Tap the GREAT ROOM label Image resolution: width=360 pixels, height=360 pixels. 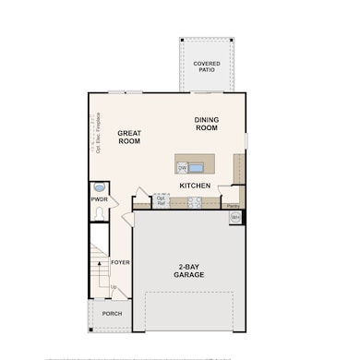(x=129, y=138)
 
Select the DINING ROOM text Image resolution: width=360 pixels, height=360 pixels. (x=207, y=123)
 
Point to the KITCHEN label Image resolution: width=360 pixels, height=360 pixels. (x=195, y=186)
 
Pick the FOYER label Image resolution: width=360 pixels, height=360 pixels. (x=120, y=262)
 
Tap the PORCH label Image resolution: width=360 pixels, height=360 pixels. (x=112, y=314)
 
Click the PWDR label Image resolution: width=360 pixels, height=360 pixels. (x=100, y=199)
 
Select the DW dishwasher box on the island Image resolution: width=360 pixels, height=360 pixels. (x=183, y=167)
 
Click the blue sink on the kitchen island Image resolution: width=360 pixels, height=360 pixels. (x=197, y=167)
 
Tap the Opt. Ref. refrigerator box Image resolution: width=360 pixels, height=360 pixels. (x=161, y=199)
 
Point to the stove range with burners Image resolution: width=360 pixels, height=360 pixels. (x=194, y=203)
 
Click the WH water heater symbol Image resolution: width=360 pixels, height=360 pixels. (x=235, y=218)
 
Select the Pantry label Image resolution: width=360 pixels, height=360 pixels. (x=234, y=205)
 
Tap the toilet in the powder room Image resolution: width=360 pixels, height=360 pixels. (x=98, y=212)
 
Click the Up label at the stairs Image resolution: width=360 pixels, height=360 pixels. (x=114, y=287)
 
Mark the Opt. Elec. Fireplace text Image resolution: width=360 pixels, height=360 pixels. (x=95, y=134)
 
